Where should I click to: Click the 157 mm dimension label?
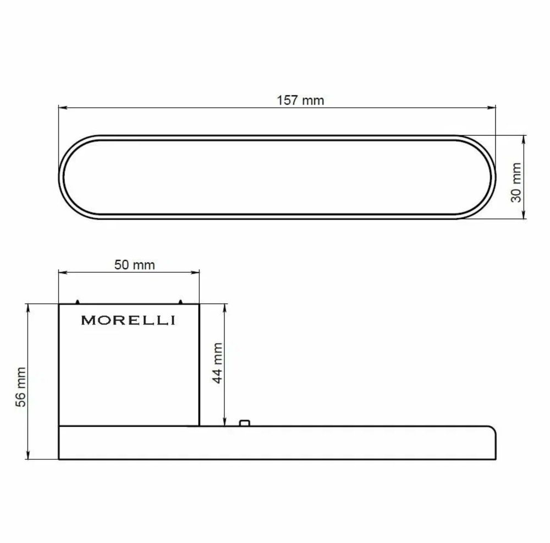click(300, 100)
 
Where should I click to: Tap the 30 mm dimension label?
click(516, 183)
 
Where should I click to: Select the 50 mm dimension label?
click(134, 265)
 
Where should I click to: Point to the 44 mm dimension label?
click(217, 363)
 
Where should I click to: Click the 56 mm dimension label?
click(21, 387)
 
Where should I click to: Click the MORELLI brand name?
click(128, 320)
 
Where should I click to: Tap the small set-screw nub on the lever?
click(245, 423)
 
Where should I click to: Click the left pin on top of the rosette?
click(78, 301)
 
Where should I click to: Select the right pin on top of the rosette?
click(180, 301)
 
